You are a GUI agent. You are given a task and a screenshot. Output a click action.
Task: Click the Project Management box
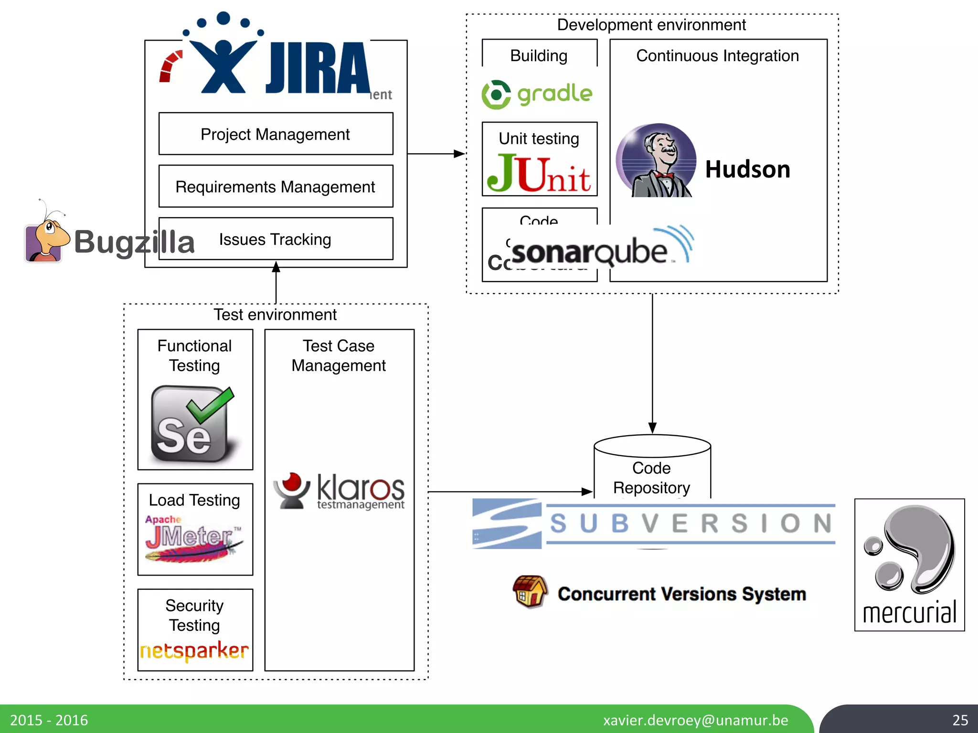[x=276, y=134]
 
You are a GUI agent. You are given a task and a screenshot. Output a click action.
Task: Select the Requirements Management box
[x=276, y=187]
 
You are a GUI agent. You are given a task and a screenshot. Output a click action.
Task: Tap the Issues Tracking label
[x=275, y=239]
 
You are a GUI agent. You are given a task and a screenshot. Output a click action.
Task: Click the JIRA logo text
[x=318, y=68]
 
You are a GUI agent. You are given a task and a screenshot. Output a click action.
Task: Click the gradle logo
[x=537, y=94]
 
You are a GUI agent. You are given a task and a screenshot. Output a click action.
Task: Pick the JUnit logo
[x=539, y=173]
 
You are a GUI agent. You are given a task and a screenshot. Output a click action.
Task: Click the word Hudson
[x=747, y=169]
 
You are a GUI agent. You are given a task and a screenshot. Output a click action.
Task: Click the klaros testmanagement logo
[x=340, y=491]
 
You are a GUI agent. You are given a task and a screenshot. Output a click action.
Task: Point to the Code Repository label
[x=651, y=478]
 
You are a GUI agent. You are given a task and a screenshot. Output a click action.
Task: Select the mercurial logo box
[x=909, y=565]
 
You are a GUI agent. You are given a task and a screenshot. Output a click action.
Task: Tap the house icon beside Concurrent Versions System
[x=530, y=591]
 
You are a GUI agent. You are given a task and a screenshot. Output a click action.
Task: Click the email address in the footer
[x=695, y=720]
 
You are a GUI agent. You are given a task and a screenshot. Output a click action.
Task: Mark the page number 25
[x=960, y=720]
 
